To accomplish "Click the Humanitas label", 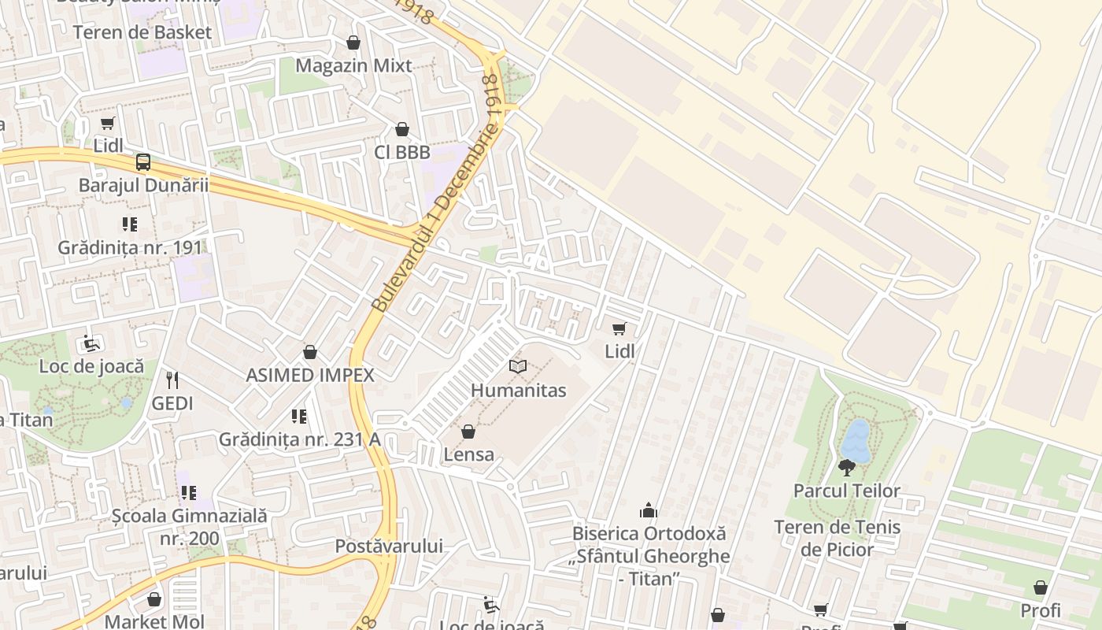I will coord(518,390).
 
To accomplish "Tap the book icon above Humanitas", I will coord(517,366).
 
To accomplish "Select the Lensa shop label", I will coord(469,454).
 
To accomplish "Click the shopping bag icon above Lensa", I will coord(468,432).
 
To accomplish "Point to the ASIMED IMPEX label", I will coord(310,375).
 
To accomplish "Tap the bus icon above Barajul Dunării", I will coord(142,162).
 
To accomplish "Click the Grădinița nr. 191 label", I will coord(130,247).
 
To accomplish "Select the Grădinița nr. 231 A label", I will coord(299,439).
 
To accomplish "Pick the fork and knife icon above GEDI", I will coord(172,380).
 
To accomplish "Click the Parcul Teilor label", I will coord(846,491).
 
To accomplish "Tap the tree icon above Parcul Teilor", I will coord(847,468).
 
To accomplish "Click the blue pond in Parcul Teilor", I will coord(856,440).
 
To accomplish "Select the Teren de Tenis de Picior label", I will coord(837,538).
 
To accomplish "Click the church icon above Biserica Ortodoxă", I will coord(649,510).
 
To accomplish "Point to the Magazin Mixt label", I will coord(353,65).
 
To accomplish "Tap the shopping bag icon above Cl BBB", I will coord(402,129).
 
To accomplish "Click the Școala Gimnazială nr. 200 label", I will coord(189,528).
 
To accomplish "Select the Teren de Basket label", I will coord(142,32).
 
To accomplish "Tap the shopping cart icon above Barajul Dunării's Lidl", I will coord(108,123).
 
